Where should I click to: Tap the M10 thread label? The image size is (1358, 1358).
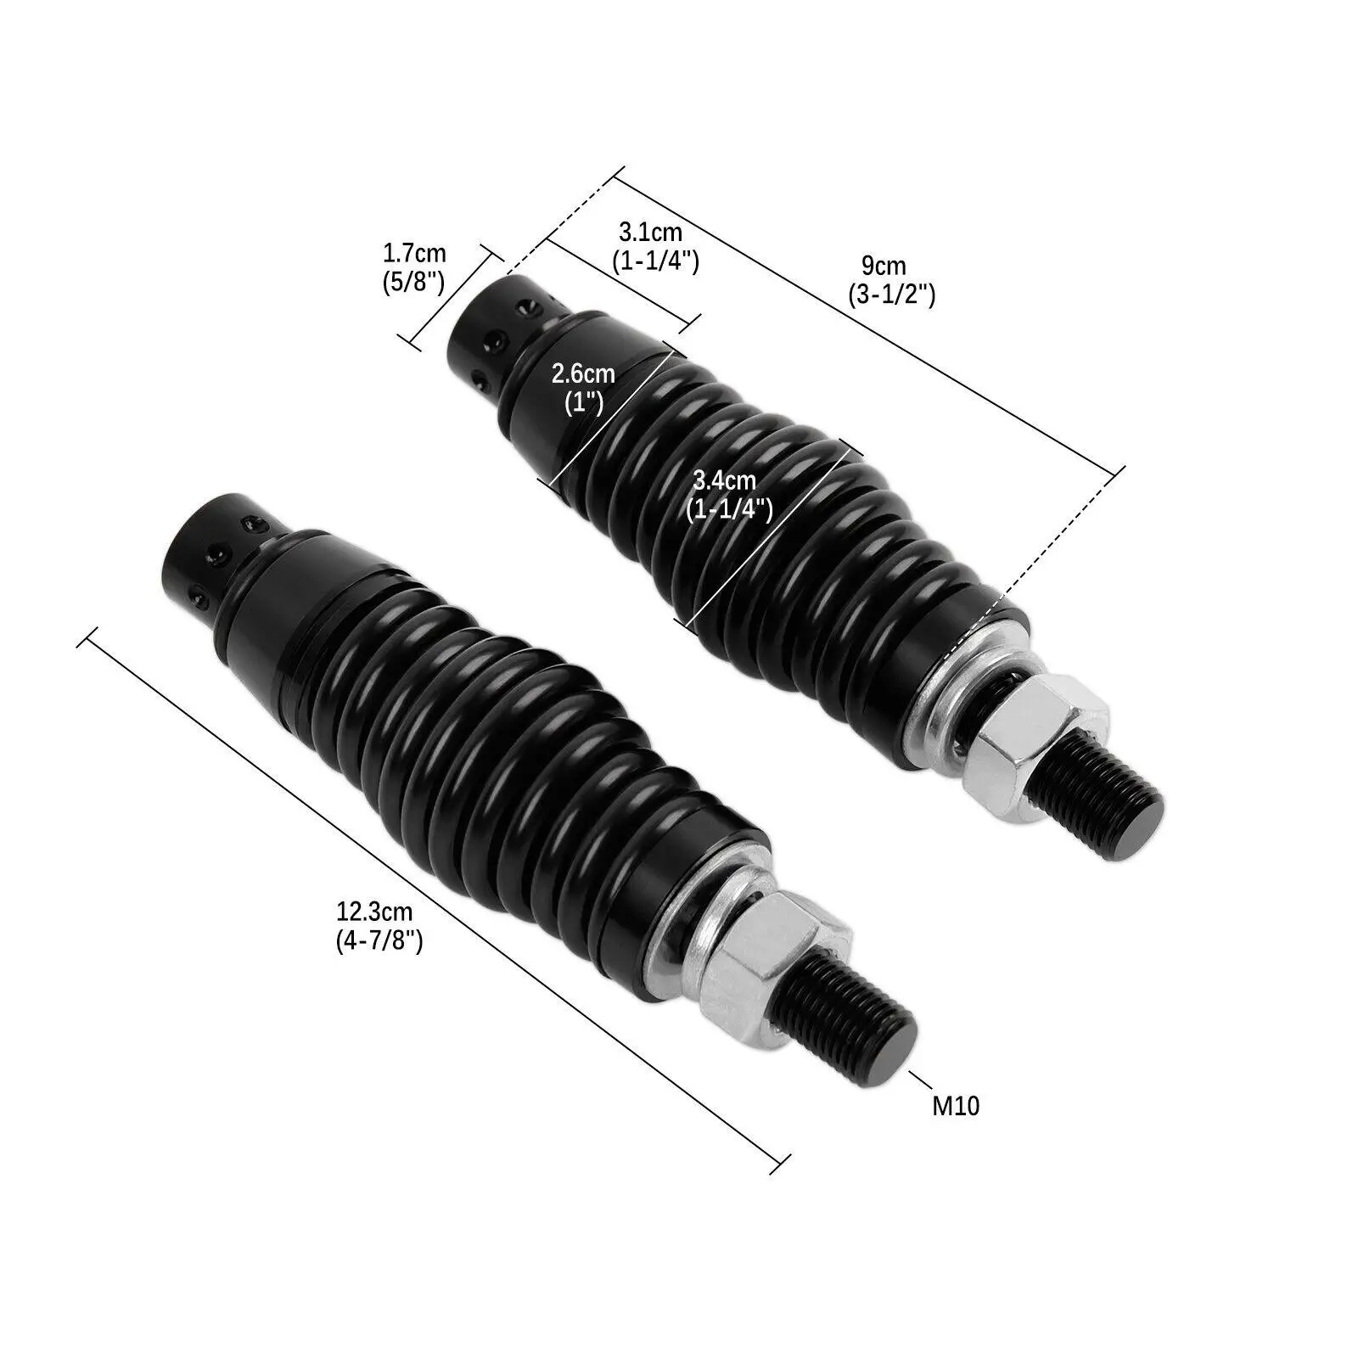[956, 1106]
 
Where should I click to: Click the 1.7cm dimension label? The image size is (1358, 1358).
[414, 254]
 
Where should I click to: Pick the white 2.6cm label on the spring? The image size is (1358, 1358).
[583, 373]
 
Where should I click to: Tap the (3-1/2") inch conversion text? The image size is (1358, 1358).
[890, 295]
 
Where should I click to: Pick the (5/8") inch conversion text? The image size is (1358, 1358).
[414, 281]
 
